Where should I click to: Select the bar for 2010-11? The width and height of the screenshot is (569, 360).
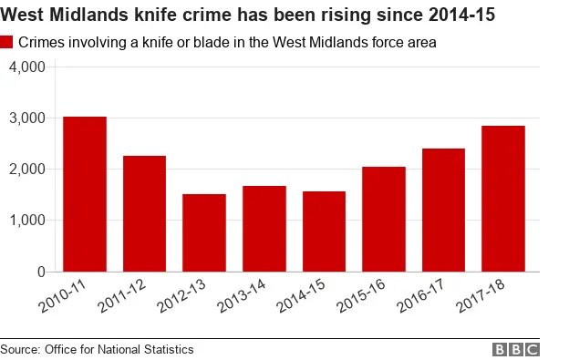pyautogui.click(x=85, y=194)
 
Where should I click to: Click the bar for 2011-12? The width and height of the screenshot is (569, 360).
pyautogui.click(x=144, y=214)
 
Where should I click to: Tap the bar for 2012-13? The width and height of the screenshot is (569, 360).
pyautogui.click(x=204, y=232)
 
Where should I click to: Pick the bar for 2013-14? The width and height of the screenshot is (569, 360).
pyautogui.click(x=264, y=229)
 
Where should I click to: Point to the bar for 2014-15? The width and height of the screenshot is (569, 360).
pyautogui.click(x=324, y=231)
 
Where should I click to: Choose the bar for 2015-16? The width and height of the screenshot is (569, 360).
pyautogui.click(x=384, y=219)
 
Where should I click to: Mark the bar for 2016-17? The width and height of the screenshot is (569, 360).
pyautogui.click(x=443, y=210)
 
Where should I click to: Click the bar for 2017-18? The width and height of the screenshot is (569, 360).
pyautogui.click(x=503, y=199)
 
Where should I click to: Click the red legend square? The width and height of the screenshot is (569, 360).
pyautogui.click(x=7, y=43)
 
